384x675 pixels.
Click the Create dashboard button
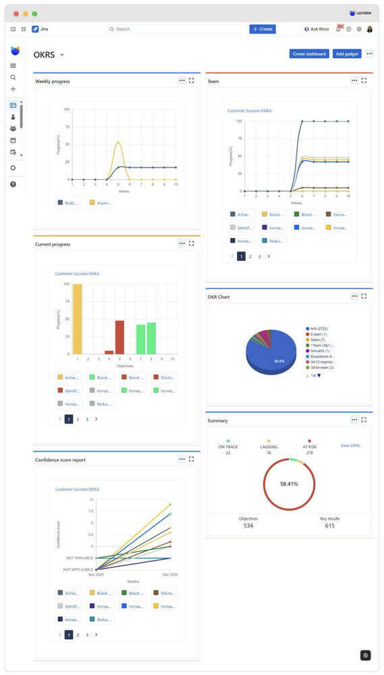[x=309, y=54]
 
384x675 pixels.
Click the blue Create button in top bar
[x=263, y=29]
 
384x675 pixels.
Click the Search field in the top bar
[x=177, y=29]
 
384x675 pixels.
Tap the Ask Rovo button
[x=317, y=29]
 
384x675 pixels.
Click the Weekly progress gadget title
[x=53, y=81]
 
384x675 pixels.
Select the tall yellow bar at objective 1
[x=78, y=318]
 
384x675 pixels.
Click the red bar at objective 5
[x=119, y=336]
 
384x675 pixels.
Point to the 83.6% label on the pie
[x=260, y=361]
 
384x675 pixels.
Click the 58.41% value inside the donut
[x=289, y=484]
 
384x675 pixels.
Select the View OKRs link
[x=350, y=446]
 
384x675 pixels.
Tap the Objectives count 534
[x=248, y=526]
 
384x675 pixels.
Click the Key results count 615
[x=329, y=526]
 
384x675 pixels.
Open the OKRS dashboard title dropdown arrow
[x=62, y=55]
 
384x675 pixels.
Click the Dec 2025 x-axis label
[x=169, y=574]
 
